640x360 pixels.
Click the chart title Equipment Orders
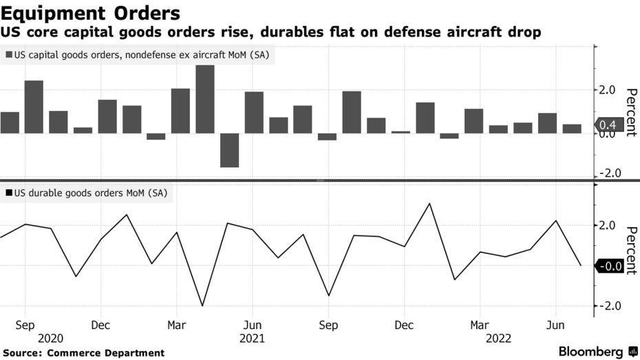coord(91,13)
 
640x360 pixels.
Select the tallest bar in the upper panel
coord(204,99)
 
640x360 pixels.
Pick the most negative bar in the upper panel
coord(229,149)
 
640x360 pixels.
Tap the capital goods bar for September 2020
coord(34,107)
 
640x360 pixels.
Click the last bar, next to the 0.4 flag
coord(572,129)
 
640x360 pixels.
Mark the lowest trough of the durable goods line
coord(202,306)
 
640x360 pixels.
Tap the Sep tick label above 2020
coord(25,325)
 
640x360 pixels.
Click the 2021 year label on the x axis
coord(253,339)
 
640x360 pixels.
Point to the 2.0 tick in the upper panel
coord(608,89)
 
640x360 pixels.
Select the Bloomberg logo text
coord(591,351)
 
